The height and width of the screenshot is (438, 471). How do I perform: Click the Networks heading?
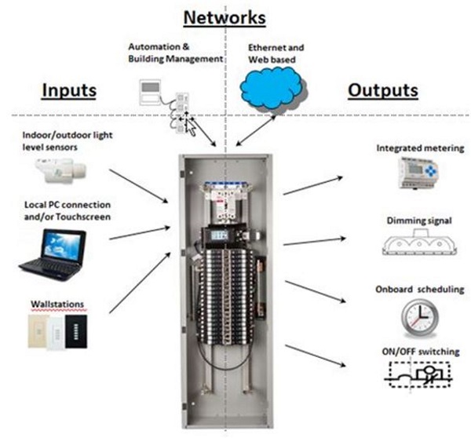click(x=225, y=17)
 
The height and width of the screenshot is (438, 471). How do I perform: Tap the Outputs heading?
click(x=382, y=90)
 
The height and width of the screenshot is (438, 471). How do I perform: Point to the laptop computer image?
click(x=51, y=254)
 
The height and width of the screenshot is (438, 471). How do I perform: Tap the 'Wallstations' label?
click(x=57, y=301)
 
